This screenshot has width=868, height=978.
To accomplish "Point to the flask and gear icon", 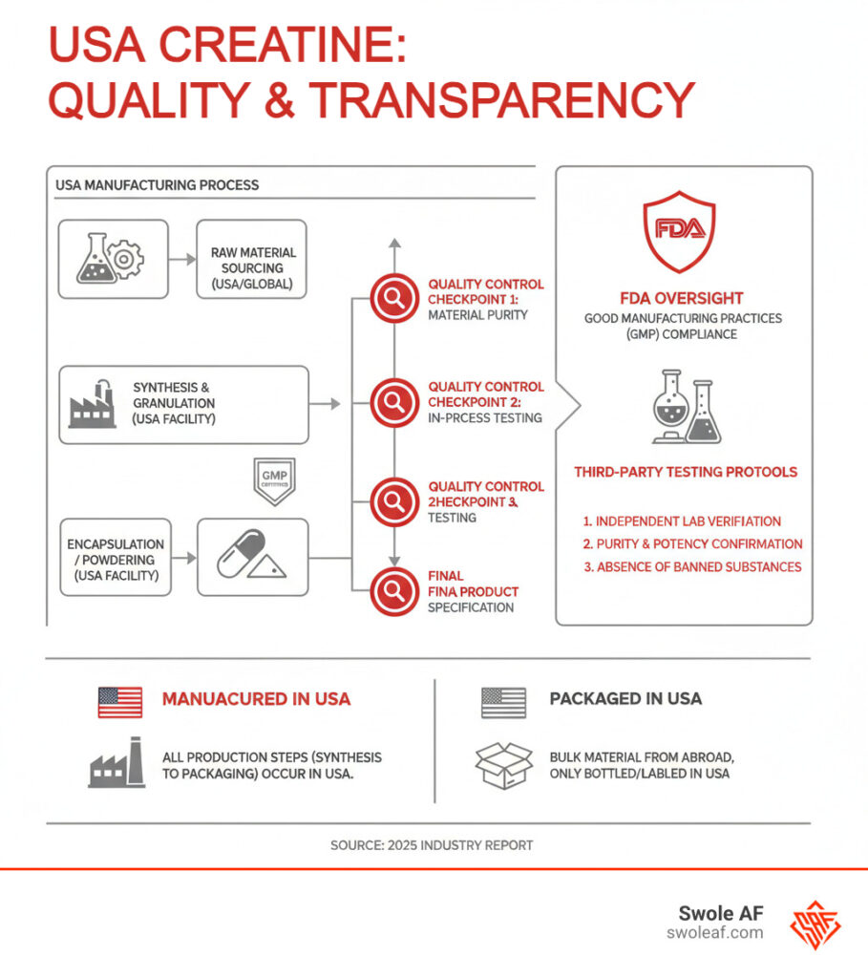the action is click(113, 257).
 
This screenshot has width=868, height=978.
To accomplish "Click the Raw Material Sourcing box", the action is click(253, 261).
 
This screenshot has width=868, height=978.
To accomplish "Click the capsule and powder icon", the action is click(253, 558).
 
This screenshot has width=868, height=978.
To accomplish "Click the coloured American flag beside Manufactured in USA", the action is click(119, 701).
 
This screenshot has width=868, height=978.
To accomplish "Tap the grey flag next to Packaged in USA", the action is click(503, 701).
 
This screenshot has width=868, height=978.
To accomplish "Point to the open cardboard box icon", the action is click(503, 765).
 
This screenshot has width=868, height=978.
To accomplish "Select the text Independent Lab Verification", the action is click(682, 521).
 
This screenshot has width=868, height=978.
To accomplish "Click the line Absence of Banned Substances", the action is click(691, 566).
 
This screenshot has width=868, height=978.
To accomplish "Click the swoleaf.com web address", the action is click(715, 933).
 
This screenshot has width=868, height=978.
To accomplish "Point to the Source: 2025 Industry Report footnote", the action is click(432, 845).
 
